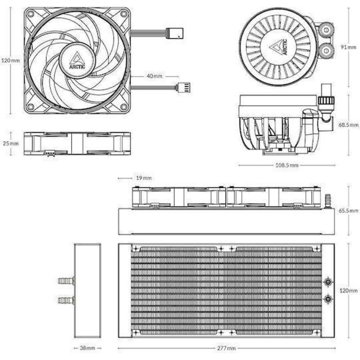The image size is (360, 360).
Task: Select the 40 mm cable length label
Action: click(x=155, y=76)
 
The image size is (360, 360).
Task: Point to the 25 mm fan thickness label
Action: click(x=10, y=144)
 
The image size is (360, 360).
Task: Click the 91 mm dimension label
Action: click(x=348, y=48)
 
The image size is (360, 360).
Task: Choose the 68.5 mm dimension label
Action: click(x=348, y=125)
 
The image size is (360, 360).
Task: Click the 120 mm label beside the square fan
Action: click(x=10, y=60)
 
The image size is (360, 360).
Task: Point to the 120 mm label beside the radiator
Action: click(x=348, y=291)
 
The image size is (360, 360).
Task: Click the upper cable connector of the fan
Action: click(x=175, y=33)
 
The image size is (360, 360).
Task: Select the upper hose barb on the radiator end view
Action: click(x=66, y=280)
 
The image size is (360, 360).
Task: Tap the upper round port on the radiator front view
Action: click(x=328, y=282)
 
